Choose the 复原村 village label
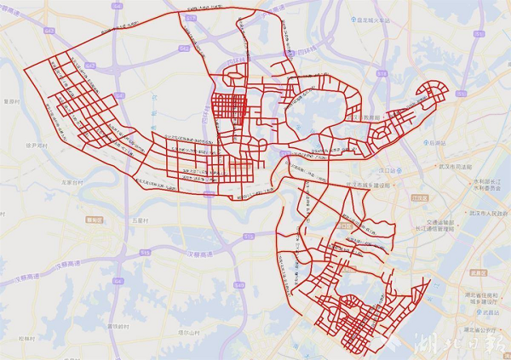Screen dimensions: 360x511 [12, 100]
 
